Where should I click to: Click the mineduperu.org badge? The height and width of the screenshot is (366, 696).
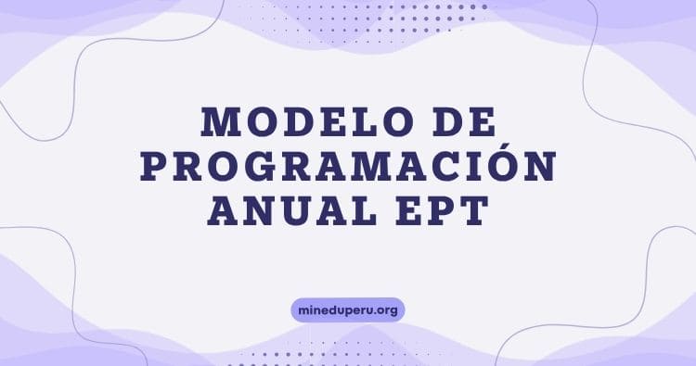pos(348,309)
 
